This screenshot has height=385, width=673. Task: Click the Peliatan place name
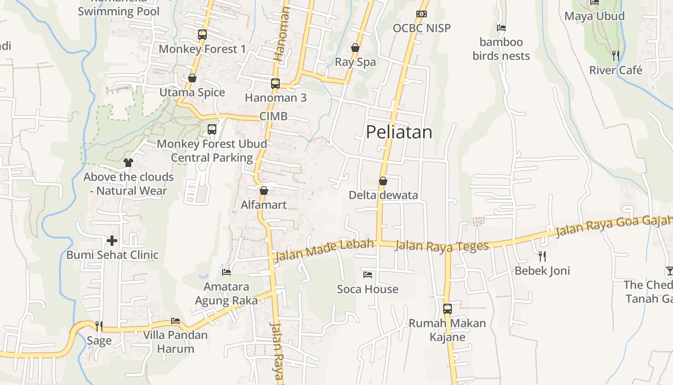click(399, 132)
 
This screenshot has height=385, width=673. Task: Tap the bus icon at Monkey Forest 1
click(202, 35)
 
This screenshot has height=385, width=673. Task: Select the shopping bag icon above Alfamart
click(263, 191)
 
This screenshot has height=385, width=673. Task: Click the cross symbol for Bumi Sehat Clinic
click(112, 240)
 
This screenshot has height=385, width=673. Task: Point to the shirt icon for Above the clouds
click(128, 163)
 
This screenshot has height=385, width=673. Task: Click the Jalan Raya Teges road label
click(441, 246)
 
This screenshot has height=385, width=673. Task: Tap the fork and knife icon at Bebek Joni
click(542, 256)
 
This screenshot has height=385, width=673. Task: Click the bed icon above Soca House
click(368, 275)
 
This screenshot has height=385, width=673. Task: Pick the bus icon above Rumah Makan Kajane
click(447, 308)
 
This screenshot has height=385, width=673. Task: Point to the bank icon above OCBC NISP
click(422, 14)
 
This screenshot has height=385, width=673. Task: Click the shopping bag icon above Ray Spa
click(355, 48)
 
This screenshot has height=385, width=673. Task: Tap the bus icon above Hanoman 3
click(275, 83)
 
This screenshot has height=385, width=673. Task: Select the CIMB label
click(274, 116)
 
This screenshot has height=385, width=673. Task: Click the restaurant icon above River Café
click(615, 56)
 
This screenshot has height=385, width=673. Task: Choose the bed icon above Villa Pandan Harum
click(175, 321)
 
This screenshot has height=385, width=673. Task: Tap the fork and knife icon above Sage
click(99, 326)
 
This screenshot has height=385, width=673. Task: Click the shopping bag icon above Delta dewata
click(383, 181)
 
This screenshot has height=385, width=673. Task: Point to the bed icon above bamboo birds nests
click(501, 28)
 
